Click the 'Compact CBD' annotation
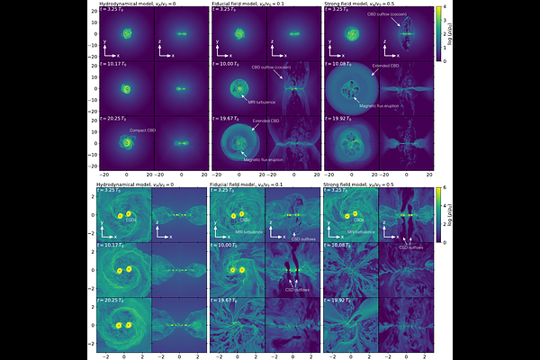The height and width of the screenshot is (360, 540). [x=143, y=130]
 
